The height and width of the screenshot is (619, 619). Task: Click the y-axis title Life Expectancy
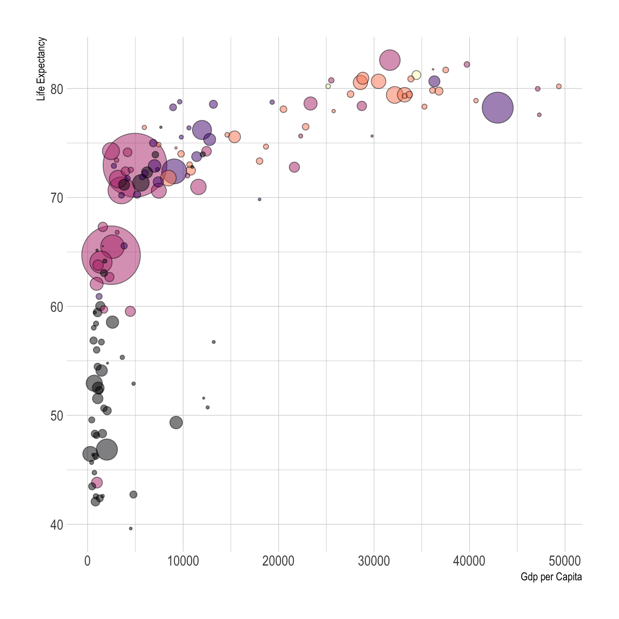click(x=41, y=69)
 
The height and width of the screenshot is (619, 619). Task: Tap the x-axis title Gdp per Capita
click(x=551, y=577)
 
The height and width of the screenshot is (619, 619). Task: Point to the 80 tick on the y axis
click(x=56, y=89)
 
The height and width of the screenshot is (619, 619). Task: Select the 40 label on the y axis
click(x=56, y=525)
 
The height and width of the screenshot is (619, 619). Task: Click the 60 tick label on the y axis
click(x=56, y=307)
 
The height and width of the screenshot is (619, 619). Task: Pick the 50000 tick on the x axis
click(x=565, y=561)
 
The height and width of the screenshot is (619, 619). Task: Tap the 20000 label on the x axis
click(x=278, y=561)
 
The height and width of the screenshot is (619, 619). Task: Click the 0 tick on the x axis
click(x=88, y=561)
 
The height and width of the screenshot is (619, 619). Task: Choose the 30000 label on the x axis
click(x=374, y=561)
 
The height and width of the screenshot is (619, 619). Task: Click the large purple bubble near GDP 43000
click(x=497, y=108)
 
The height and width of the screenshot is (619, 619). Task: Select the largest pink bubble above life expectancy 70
click(x=134, y=165)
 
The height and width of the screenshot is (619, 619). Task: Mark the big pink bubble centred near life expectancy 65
click(x=111, y=255)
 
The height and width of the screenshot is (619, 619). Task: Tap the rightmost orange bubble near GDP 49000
click(x=559, y=87)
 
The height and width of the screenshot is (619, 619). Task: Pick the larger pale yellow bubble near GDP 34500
click(x=416, y=75)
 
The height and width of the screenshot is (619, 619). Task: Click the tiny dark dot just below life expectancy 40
click(x=131, y=529)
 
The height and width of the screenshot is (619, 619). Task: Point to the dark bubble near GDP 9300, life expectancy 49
click(x=176, y=422)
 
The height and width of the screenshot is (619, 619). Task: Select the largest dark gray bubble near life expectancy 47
click(x=107, y=450)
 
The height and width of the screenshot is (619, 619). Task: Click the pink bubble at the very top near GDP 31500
click(x=390, y=60)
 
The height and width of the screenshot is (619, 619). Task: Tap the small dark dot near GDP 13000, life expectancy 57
click(x=214, y=342)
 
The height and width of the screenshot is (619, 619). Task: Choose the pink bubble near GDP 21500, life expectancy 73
click(x=294, y=167)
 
